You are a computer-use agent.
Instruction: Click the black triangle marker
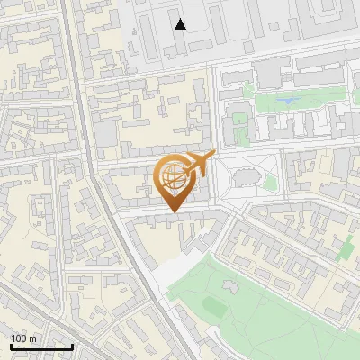pyautogui.click(x=181, y=24)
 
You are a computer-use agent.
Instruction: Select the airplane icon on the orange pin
pyautogui.click(x=201, y=163)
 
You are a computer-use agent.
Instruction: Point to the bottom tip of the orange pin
pyautogui.click(x=173, y=212)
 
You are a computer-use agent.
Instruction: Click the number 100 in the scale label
pyautogui.click(x=19, y=338)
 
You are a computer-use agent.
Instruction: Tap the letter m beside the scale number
pyautogui.click(x=32, y=338)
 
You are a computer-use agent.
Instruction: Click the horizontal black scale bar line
pyautogui.click(x=41, y=346)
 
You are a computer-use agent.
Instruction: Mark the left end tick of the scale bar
pyautogui.click(x=11, y=345)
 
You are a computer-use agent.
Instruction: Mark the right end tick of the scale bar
pyautogui.click(x=72, y=345)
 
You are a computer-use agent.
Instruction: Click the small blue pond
pyautogui.click(x=287, y=100)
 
